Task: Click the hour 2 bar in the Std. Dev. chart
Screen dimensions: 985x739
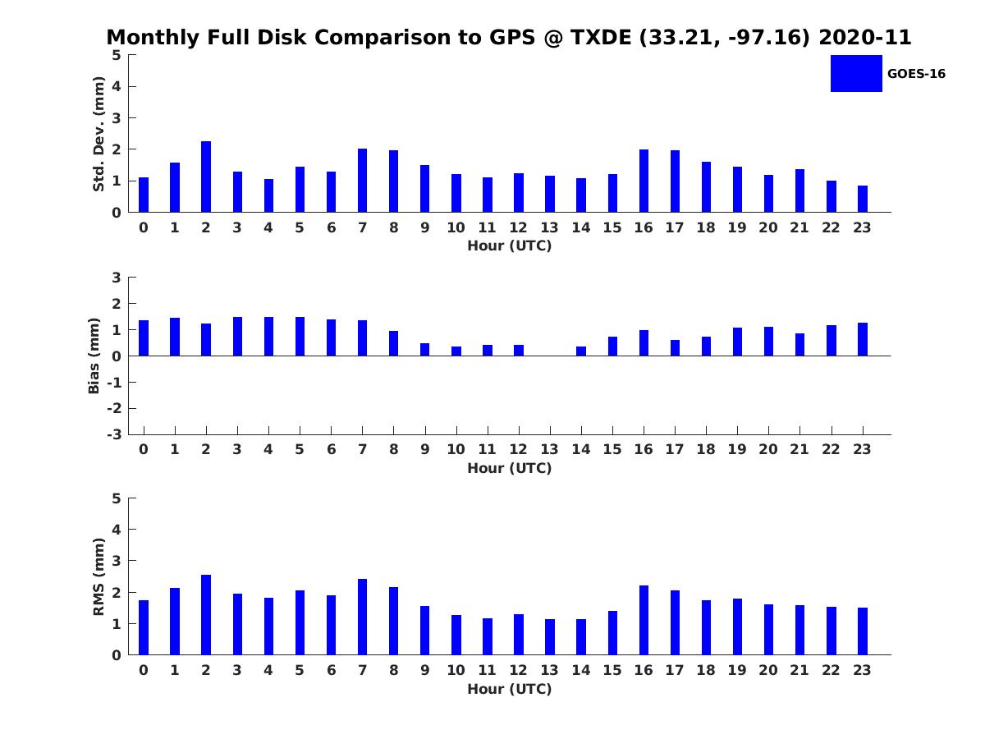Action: [x=206, y=177]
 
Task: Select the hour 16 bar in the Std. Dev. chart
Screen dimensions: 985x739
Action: [x=644, y=181]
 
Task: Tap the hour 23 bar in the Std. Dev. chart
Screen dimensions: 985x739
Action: [x=863, y=199]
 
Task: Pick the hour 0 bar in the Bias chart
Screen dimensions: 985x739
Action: [x=144, y=337]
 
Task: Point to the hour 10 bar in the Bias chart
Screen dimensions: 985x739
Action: [x=456, y=351]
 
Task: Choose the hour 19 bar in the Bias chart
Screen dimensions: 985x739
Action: [x=737, y=342]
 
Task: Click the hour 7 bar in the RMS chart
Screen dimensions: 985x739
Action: [x=362, y=617]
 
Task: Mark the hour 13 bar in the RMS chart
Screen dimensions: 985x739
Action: [x=550, y=637]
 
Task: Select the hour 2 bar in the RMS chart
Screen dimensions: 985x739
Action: [x=206, y=615]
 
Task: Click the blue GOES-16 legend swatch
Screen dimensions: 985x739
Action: [x=856, y=74]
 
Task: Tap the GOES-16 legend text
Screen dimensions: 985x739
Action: [x=916, y=74]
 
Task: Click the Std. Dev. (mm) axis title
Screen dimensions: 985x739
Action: [x=98, y=134]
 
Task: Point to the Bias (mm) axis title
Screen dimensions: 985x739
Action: [x=94, y=356]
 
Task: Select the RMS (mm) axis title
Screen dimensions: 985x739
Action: [x=98, y=576]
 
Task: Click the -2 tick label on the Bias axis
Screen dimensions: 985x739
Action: [x=114, y=408]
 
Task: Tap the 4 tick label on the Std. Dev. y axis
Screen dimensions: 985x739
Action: [x=117, y=86]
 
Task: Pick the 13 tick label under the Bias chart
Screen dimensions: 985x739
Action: [x=549, y=449]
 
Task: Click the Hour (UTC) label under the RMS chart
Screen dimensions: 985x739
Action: [x=510, y=689]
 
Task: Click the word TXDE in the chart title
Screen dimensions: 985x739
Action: [x=601, y=37]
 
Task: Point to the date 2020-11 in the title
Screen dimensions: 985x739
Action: [x=865, y=37]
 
